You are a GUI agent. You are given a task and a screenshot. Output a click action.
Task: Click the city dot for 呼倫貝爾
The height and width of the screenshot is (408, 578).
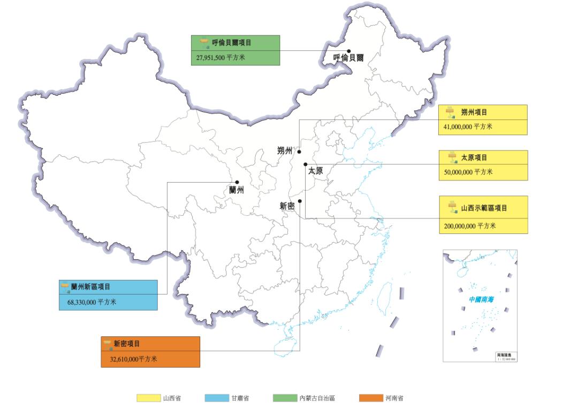click(x=348, y=51)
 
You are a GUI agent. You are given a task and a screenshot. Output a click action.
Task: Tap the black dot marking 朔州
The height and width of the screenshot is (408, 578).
click(x=299, y=152)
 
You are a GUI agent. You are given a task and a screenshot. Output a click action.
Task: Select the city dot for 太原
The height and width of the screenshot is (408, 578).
click(x=305, y=164)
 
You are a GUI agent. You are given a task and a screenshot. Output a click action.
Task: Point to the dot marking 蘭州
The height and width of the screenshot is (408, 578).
click(x=237, y=182)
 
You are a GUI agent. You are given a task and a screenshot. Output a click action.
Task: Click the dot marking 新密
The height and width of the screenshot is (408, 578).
click(x=300, y=201)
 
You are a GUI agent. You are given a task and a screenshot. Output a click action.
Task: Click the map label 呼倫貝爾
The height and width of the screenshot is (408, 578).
click(x=348, y=58)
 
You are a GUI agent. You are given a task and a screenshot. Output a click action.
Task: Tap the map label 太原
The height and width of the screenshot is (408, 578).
click(x=316, y=171)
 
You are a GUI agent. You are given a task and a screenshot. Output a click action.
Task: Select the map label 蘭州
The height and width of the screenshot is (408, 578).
click(x=236, y=190)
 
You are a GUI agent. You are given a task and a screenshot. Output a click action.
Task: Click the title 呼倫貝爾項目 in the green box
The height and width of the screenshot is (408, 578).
click(x=231, y=43)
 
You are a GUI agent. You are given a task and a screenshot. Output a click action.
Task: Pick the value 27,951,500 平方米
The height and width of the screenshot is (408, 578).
click(x=218, y=57)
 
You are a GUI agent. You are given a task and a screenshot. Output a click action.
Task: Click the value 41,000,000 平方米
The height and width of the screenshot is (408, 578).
click(x=468, y=127)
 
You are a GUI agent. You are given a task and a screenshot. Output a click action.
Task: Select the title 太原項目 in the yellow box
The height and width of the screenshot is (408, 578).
click(x=474, y=158)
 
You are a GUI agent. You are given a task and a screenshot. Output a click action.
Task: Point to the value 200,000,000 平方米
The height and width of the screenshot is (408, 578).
click(x=469, y=226)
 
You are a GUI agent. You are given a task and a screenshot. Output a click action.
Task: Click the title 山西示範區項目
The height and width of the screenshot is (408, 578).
click(x=484, y=208)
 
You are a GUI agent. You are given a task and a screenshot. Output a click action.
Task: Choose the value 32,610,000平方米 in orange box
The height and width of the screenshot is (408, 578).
click(x=133, y=359)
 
